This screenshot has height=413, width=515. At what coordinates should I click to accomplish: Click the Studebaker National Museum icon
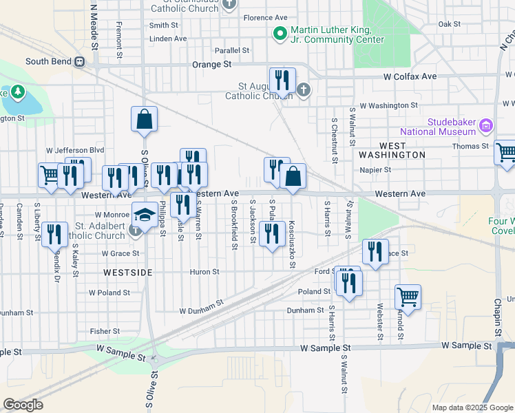pyautogui.click(x=486, y=125)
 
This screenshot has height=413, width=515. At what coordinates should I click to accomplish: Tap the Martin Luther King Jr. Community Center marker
pyautogui.click(x=280, y=34)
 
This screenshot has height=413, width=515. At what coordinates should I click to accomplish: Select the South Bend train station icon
pyautogui.click(x=80, y=61)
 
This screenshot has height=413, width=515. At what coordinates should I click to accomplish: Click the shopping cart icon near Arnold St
pyautogui.click(x=408, y=297)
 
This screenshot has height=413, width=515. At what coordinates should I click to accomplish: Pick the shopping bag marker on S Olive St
pyautogui.click(x=145, y=119)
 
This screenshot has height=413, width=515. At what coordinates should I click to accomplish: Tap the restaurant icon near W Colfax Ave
pyautogui.click(x=282, y=81)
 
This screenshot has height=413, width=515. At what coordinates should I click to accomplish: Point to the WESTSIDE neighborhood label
pyautogui.click(x=127, y=273)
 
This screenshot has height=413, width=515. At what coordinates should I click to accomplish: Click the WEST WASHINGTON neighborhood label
pyautogui.click(x=392, y=155)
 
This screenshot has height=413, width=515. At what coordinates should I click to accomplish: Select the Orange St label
pyautogui.click(x=216, y=64)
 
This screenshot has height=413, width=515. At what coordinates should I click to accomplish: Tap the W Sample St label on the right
pyautogui.click(x=465, y=345)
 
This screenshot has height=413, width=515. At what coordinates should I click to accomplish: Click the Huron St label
pyautogui.click(x=204, y=272)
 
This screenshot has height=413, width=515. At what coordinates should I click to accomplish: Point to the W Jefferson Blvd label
pyautogui.click(x=74, y=149)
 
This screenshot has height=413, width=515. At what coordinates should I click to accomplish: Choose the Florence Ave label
pyautogui.click(x=264, y=17)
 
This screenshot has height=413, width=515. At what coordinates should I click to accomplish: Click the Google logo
pyautogui.click(x=23, y=405)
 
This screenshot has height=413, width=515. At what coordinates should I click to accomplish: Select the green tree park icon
pyautogui.click(x=17, y=92)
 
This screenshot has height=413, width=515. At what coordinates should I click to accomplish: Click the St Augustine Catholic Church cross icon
pyautogui.click(x=303, y=89)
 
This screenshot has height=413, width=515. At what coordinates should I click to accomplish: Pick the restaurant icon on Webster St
pyautogui.click(x=375, y=252)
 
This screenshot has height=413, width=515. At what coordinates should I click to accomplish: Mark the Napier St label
pyautogui.click(x=376, y=169)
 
